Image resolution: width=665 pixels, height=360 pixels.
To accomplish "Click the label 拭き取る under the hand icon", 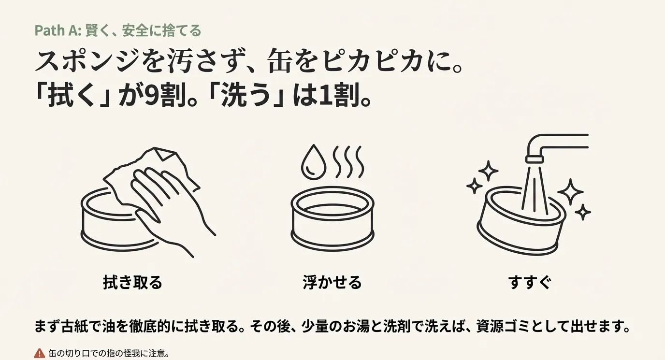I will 132,282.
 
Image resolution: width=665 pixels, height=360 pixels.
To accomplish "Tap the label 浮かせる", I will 332,282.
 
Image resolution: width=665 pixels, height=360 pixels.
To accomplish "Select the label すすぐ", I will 530,282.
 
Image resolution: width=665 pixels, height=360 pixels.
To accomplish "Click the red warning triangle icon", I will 40,353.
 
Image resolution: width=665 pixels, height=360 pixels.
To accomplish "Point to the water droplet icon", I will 311,162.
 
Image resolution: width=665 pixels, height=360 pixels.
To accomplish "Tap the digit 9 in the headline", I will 154,97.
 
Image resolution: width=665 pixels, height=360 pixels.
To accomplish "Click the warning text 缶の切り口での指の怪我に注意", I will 109,353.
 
